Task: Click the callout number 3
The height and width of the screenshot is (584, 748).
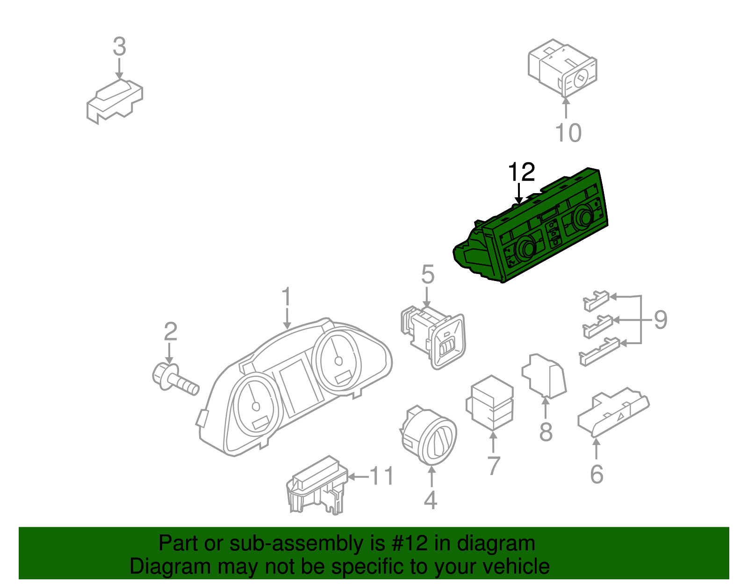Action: tap(120, 47)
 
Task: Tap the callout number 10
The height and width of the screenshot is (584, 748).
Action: tap(568, 133)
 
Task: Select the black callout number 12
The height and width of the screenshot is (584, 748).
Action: tap(521, 172)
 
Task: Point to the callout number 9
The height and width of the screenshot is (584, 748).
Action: tap(660, 320)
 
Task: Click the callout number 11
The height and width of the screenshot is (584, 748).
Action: tap(382, 476)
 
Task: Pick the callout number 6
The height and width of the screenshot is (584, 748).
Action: tap(597, 474)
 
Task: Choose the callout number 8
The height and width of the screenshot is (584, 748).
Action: tap(546, 432)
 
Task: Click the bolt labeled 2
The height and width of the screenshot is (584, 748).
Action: tap(175, 380)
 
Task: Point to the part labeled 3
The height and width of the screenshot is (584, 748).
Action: tap(114, 102)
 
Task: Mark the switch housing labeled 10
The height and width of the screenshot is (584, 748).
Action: tap(562, 68)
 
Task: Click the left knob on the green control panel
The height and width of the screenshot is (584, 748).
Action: tap(527, 248)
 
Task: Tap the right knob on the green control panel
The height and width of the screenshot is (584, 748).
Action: tap(583, 216)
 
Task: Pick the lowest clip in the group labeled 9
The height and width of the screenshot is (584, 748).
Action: tap(599, 352)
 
